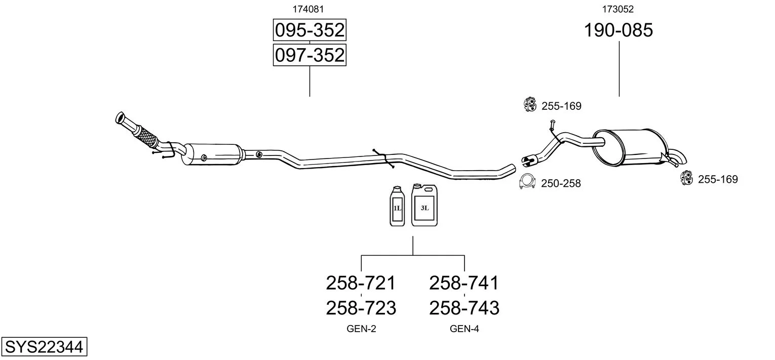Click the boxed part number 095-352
click(x=309, y=30)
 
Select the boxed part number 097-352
click(x=309, y=55)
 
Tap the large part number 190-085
click(x=618, y=30)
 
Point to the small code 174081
click(x=308, y=9)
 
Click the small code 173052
click(x=618, y=9)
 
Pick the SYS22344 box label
click(x=44, y=347)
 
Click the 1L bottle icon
click(x=397, y=207)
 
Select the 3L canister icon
click(x=424, y=206)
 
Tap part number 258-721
click(x=361, y=283)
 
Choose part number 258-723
click(x=361, y=308)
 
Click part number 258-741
click(x=464, y=283)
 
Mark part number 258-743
click(x=464, y=308)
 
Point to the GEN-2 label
click(x=361, y=329)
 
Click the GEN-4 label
click(x=464, y=329)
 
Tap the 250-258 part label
click(x=561, y=183)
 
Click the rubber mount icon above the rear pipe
click(x=530, y=104)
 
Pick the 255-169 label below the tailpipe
click(x=718, y=179)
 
